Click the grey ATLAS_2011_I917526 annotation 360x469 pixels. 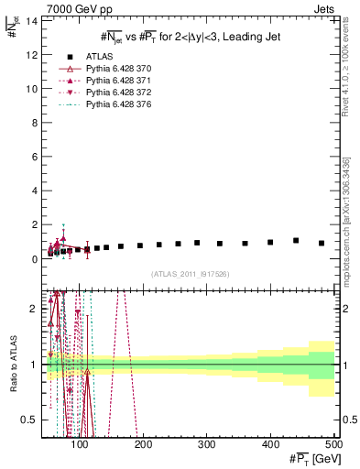190,274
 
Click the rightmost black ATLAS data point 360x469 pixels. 322,243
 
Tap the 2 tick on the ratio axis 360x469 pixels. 35,309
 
